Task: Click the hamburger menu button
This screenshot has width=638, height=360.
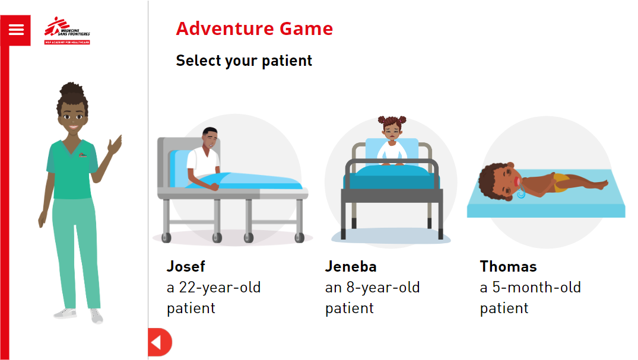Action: pyautogui.click(x=15, y=30)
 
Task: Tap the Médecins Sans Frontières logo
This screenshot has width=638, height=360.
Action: pyautogui.click(x=67, y=30)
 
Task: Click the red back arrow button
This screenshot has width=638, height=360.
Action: pyautogui.click(x=160, y=342)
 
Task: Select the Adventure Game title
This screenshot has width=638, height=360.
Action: pyautogui.click(x=254, y=28)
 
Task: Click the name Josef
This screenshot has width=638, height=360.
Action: pyautogui.click(x=186, y=266)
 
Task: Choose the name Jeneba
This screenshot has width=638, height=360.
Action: pyautogui.click(x=351, y=266)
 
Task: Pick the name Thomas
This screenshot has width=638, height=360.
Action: pyautogui.click(x=508, y=266)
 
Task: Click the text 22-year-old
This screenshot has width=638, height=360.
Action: pyautogui.click(x=220, y=288)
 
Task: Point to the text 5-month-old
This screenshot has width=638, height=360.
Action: pyautogui.click(x=537, y=287)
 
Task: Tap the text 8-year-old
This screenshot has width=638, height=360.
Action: pyautogui.click(x=383, y=288)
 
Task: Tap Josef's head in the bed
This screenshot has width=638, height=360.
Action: pyautogui.click(x=210, y=138)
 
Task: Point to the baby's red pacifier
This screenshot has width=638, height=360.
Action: pyautogui.click(x=517, y=182)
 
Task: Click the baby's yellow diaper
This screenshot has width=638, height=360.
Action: pyautogui.click(x=560, y=183)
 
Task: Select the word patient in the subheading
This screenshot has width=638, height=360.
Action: pyautogui.click(x=287, y=61)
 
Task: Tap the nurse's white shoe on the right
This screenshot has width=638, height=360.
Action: pyautogui.click(x=97, y=316)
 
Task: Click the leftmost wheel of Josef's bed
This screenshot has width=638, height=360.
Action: pyautogui.click(x=166, y=238)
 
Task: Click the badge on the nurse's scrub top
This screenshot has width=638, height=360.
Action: pyautogui.click(x=82, y=155)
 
